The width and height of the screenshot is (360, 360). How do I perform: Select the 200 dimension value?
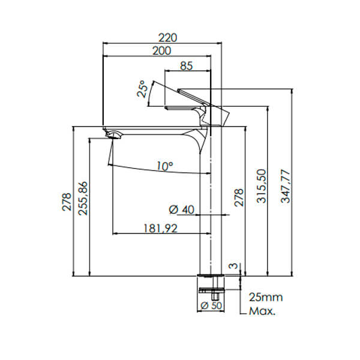click(x=160, y=51)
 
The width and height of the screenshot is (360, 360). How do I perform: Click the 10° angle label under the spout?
click(x=166, y=165)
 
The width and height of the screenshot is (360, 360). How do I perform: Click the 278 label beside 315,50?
click(x=238, y=197)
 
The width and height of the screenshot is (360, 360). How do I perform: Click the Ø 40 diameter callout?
click(x=182, y=209)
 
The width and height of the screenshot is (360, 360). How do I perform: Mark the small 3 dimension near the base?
click(x=233, y=265)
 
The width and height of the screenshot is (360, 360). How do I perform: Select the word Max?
click(x=263, y=311)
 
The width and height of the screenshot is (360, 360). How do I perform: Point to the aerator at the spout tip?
click(x=112, y=135)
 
